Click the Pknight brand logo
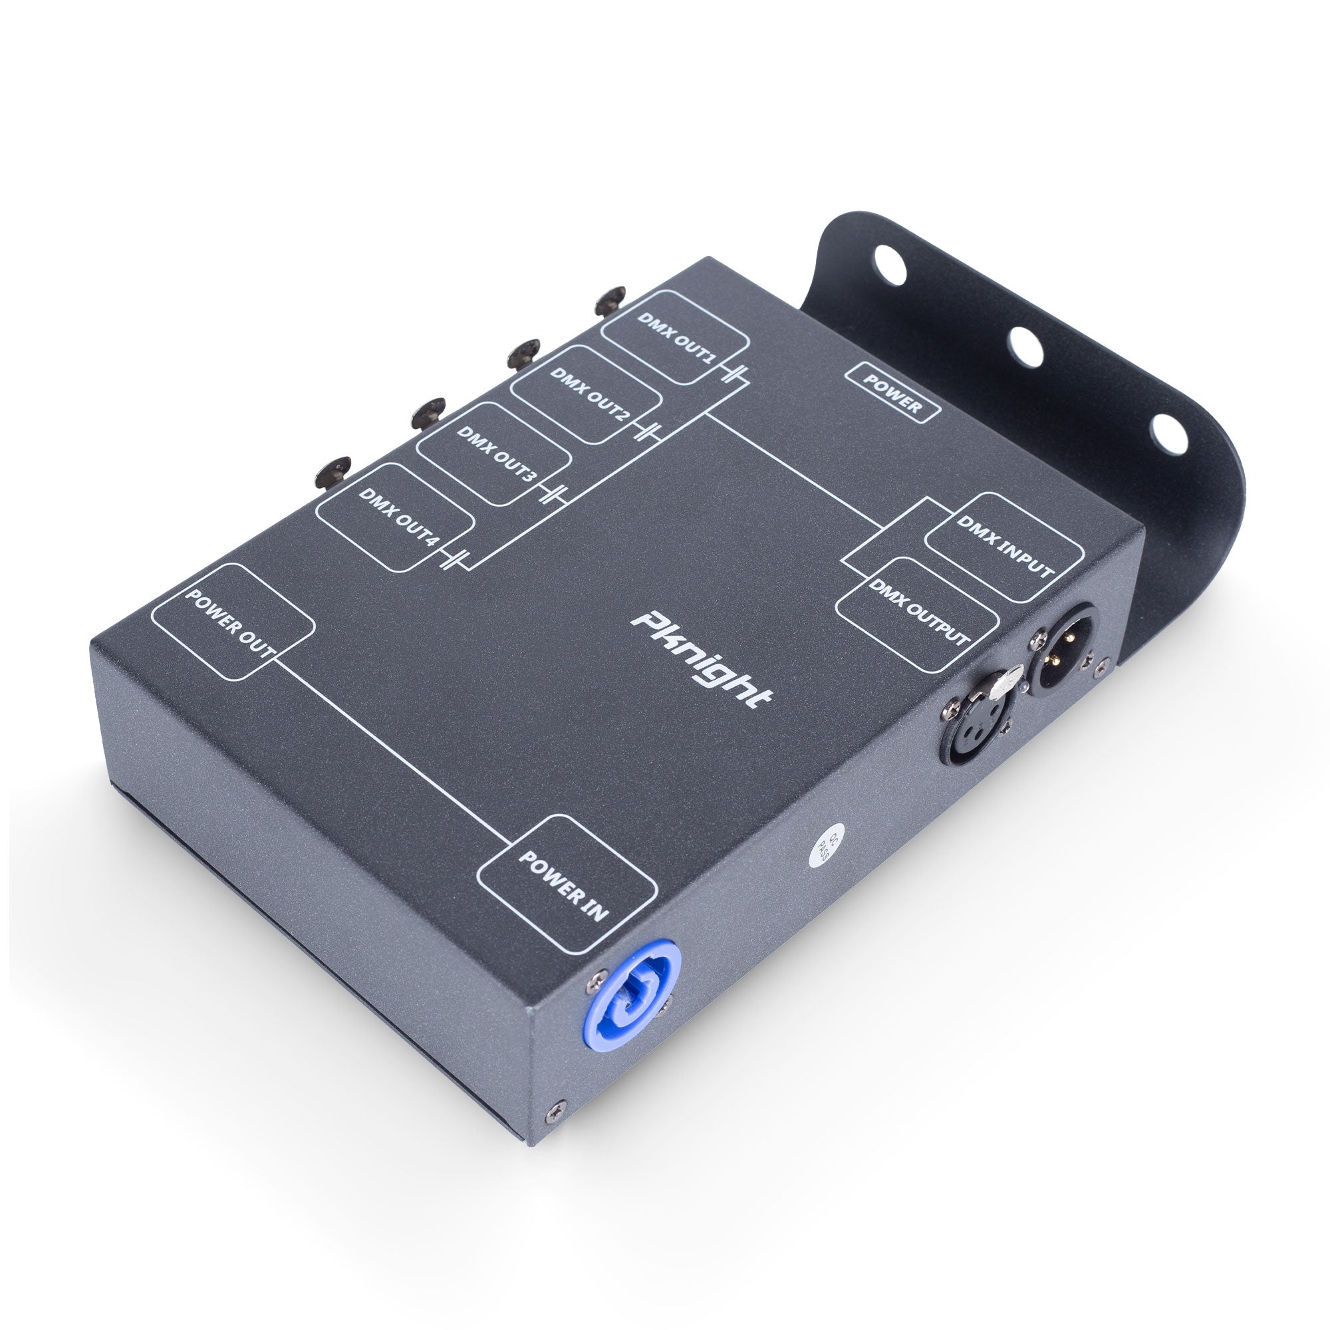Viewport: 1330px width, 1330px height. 702,660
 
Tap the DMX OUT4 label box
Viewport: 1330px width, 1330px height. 396,517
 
